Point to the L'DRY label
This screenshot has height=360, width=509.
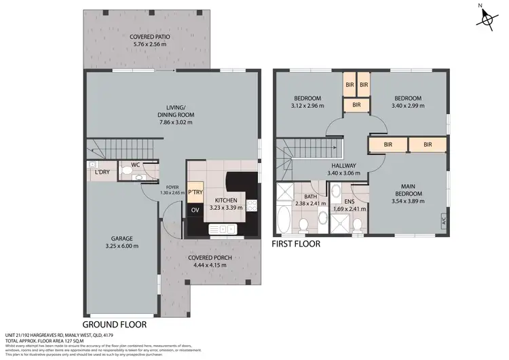point(102,173)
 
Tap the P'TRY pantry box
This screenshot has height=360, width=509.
point(195,192)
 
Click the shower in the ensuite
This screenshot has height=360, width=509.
point(356,221)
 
